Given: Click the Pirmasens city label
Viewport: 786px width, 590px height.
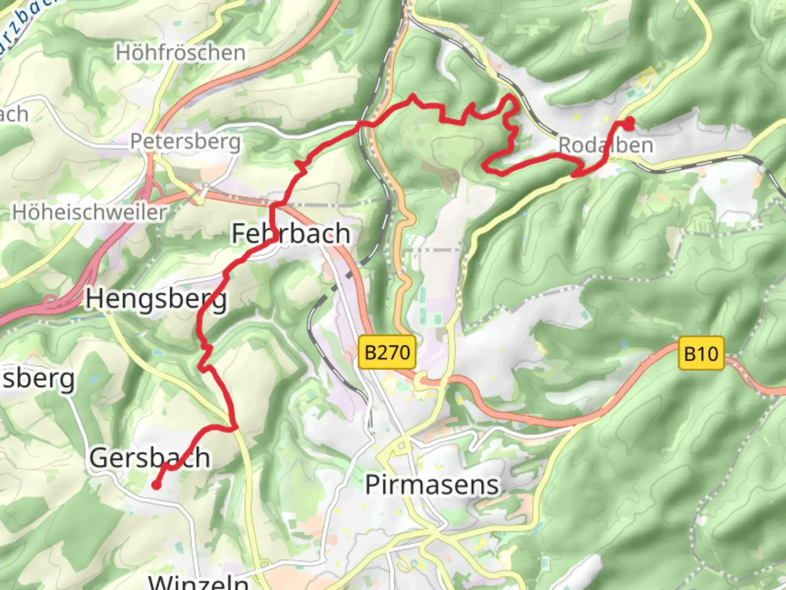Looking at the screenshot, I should tap(432, 485).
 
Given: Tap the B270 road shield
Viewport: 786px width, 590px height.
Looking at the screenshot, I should tap(387, 352).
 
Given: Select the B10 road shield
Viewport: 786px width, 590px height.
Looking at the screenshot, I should tap(701, 353).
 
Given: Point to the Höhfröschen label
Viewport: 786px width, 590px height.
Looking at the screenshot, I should tap(181, 53).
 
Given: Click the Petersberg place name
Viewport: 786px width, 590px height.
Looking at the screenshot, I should tap(185, 141).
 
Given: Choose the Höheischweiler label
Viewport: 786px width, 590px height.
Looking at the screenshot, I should tap(90, 213).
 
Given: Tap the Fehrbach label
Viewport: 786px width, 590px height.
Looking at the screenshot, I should tap(290, 234).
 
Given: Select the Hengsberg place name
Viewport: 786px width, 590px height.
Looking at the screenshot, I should tap(156, 300).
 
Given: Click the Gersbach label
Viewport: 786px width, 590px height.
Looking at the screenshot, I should tap(150, 458).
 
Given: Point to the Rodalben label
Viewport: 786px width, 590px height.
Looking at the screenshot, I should tap(606, 145).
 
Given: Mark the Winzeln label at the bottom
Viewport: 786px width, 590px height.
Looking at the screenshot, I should tap(199, 581).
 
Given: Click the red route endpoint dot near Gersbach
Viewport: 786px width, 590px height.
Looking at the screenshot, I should tap(156, 485).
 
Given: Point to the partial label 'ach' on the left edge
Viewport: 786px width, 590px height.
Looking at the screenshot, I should tap(14, 114).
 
